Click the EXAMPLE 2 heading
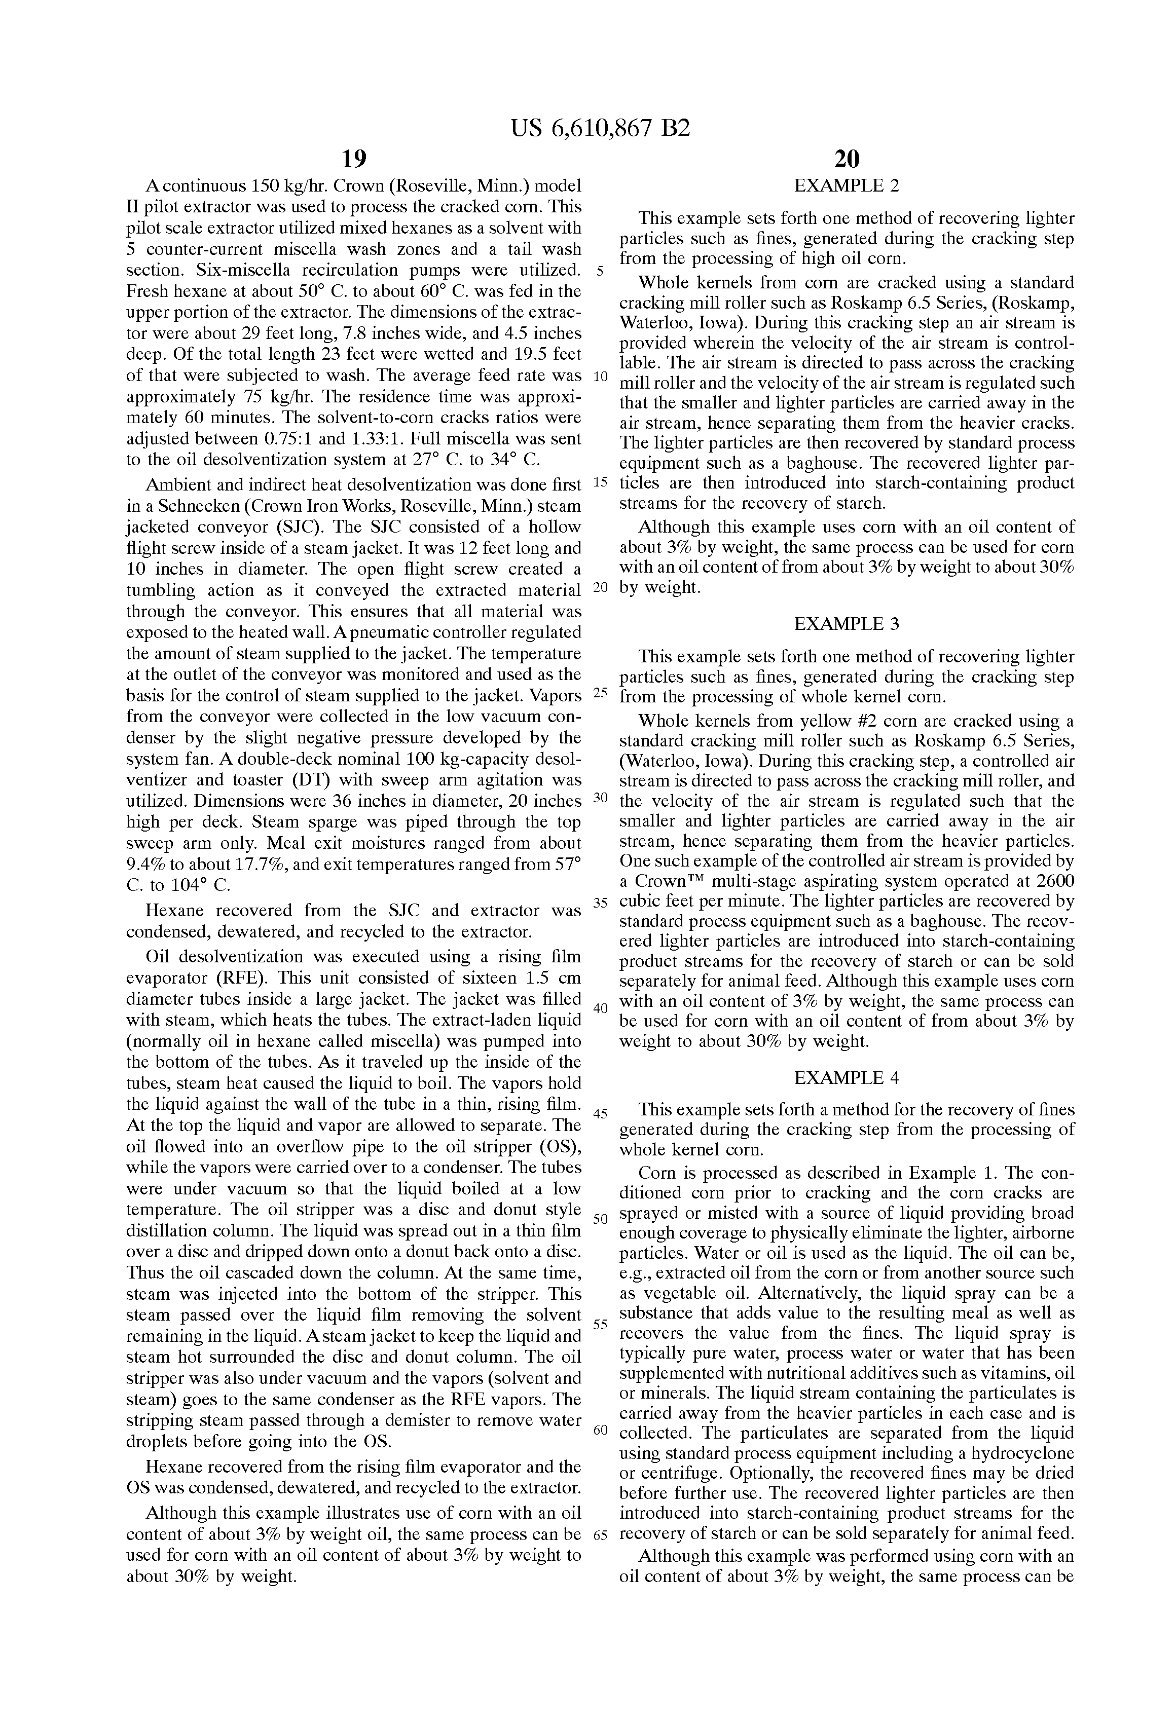847,186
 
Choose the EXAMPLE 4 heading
847,1077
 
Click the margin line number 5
600,271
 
